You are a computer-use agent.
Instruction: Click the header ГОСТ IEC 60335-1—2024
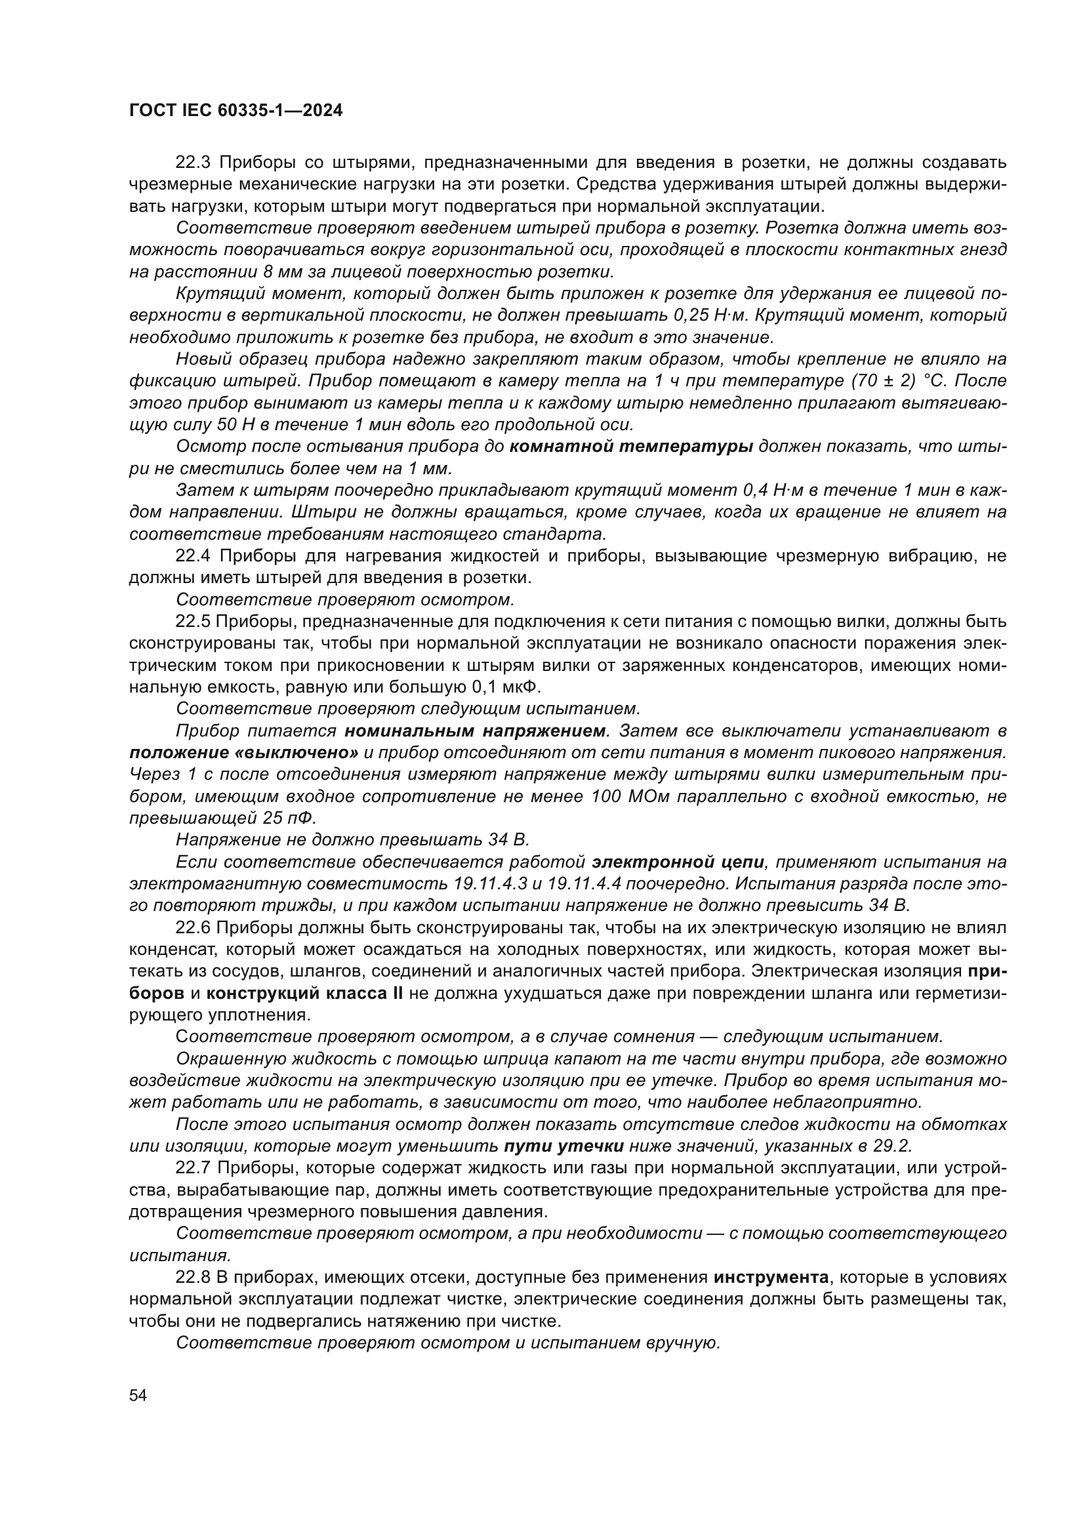coord(236,111)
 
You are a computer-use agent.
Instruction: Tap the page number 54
coord(138,1395)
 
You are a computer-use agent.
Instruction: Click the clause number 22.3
coord(194,163)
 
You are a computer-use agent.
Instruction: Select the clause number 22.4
coord(194,556)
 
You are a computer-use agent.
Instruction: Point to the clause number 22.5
coord(194,621)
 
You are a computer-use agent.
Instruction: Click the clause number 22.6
coord(194,927)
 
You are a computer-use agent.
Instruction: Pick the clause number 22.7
coord(194,1168)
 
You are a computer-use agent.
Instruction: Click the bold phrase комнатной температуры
coord(631,447)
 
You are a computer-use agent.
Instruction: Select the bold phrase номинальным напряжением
coord(474,731)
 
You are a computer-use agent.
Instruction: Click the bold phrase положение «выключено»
coord(244,753)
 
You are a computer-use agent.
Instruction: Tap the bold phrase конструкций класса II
coord(304,993)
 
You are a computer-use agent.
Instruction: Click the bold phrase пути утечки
coord(564,1146)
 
